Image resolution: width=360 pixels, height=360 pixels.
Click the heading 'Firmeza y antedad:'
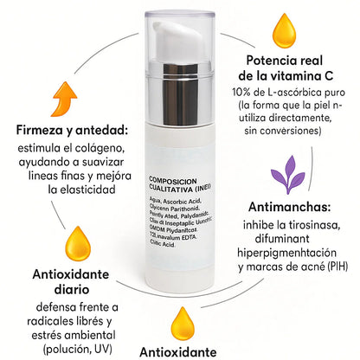(72, 130)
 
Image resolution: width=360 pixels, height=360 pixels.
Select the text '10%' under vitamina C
(242, 93)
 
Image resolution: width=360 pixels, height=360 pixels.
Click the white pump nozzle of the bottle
(186, 35)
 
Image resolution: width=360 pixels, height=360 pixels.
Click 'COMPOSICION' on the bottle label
(175, 173)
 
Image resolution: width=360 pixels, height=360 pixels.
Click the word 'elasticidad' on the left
(77, 187)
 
